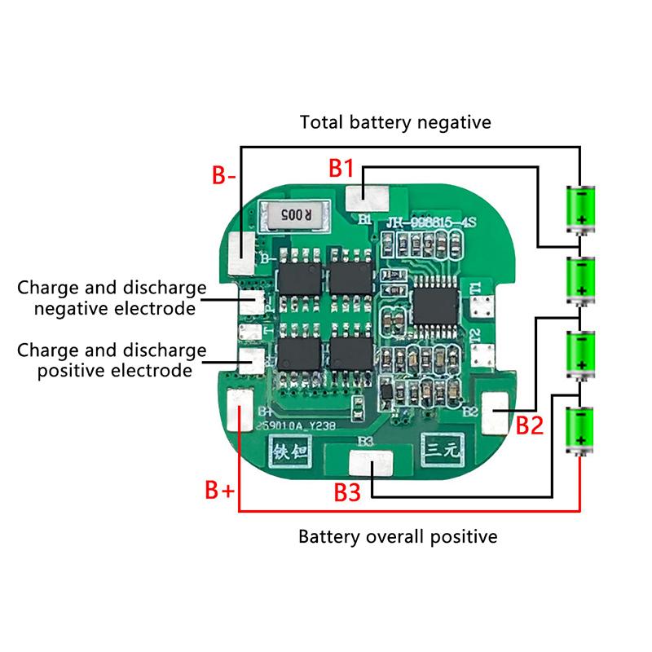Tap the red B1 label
click(x=341, y=169)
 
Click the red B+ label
click(x=219, y=491)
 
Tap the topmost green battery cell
click(x=581, y=207)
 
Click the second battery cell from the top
click(x=581, y=280)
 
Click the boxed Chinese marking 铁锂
click(x=291, y=449)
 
